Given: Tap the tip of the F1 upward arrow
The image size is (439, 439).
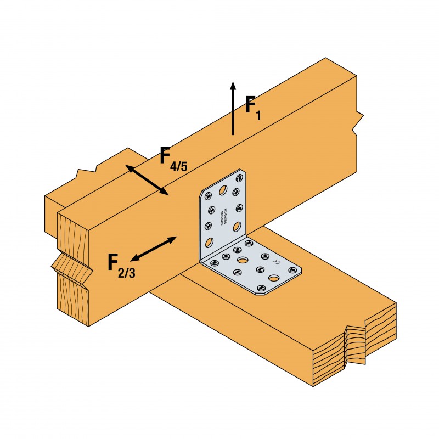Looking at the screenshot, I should (233, 83).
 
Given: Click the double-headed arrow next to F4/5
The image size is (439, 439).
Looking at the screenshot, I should (148, 179).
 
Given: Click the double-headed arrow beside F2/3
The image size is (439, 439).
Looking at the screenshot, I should (153, 249).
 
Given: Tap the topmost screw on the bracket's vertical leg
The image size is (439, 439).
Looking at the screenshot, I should (239, 178).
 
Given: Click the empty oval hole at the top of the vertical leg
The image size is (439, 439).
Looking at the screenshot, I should (223, 190).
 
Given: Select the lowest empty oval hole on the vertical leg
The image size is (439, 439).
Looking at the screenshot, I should (209, 243).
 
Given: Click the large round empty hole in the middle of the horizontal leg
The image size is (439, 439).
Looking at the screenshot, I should (243, 260).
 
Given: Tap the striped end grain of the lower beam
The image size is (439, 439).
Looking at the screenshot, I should (351, 351).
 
